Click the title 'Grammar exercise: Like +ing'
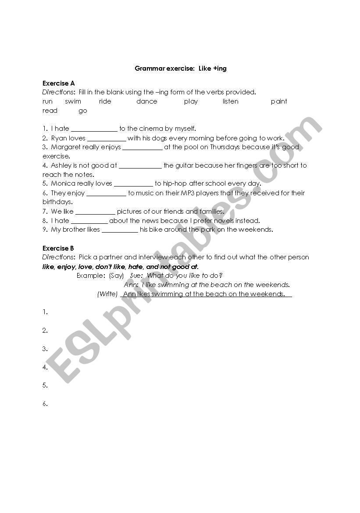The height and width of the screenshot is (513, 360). click(x=180, y=68)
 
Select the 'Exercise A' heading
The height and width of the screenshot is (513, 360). click(x=58, y=83)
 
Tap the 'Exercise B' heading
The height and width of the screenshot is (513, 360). click(x=58, y=248)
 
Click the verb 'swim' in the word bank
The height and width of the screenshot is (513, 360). click(x=73, y=101)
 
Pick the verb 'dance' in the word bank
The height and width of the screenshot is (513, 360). click(x=146, y=101)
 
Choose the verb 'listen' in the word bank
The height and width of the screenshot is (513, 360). click(x=230, y=101)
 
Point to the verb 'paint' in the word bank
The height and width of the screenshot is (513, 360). click(x=279, y=101)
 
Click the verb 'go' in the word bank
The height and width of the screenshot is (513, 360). click(x=83, y=111)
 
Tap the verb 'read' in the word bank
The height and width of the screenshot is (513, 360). click(x=50, y=111)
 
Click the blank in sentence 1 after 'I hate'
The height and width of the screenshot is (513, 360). click(x=94, y=129)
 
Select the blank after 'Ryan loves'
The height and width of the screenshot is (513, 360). click(x=107, y=138)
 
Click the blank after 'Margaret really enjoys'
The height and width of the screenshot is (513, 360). click(x=143, y=147)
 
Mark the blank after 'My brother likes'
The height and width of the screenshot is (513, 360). click(x=120, y=230)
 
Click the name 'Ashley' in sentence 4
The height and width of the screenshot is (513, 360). click(x=61, y=165)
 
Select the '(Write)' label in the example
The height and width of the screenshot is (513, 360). click(x=107, y=294)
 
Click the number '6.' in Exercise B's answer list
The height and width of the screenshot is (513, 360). click(x=45, y=404)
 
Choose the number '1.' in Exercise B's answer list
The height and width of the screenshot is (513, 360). click(x=45, y=312)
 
